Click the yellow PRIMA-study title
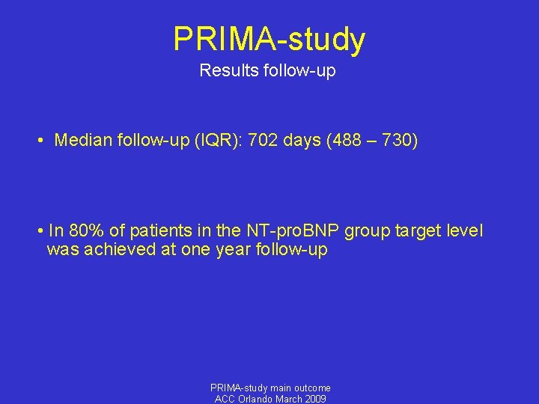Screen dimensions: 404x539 coord(269,39)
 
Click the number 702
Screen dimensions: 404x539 coord(242,140)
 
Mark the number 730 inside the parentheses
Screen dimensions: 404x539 coord(395,140)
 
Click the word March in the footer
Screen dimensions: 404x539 coord(290,399)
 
